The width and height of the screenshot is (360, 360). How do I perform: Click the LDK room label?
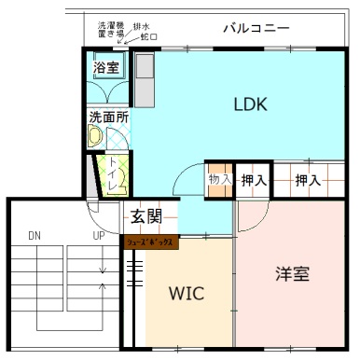[x=250, y=104]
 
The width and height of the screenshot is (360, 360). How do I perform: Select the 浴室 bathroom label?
[x=105, y=67]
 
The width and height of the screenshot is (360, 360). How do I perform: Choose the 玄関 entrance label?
[x=146, y=218]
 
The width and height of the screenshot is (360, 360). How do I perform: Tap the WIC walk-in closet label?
[x=187, y=293]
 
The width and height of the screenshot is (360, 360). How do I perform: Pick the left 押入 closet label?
[x=252, y=180]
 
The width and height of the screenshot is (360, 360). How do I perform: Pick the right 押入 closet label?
[x=308, y=180]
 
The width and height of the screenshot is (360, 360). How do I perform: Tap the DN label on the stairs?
[x=35, y=234]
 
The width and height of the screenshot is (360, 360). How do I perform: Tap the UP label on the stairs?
[x=98, y=234]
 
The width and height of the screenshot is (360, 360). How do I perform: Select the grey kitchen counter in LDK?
[x=145, y=80]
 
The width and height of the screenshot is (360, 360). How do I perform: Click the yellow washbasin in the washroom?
[x=94, y=136]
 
